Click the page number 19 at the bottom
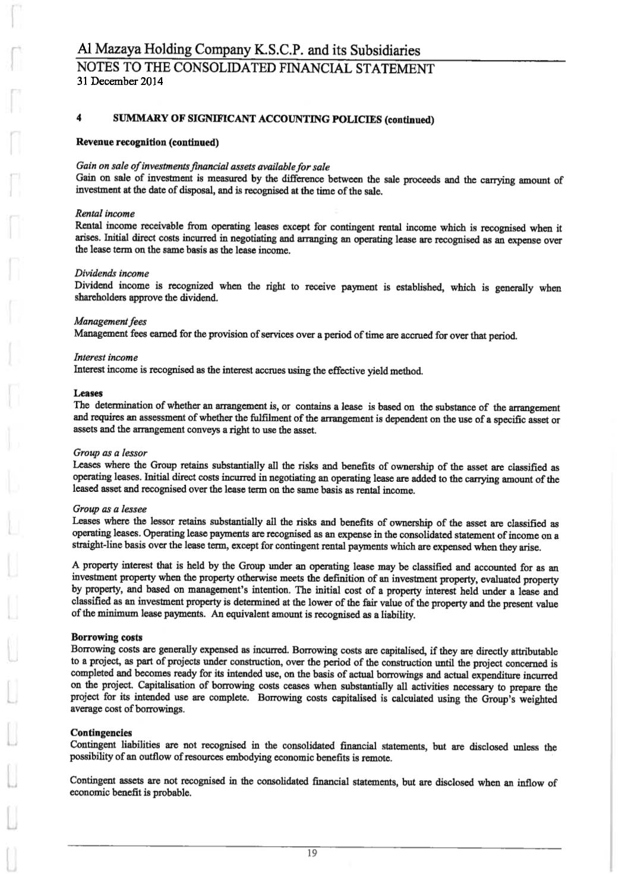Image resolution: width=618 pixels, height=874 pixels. tap(312, 854)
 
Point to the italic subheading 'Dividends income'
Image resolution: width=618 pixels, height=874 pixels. tap(112, 273)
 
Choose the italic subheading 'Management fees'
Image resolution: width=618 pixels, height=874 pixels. tap(110, 321)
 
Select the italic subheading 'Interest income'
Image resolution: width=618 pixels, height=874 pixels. tap(106, 357)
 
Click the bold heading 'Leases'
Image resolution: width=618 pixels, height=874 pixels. tap(88, 393)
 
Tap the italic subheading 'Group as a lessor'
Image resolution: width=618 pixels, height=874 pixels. tap(110, 453)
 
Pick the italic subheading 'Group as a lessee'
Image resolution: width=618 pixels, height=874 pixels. tap(109, 509)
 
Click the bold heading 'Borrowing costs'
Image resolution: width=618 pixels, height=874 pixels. tap(106, 638)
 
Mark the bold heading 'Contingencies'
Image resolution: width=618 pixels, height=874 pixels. tap(101, 733)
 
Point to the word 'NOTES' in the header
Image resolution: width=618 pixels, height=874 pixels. tap(99, 69)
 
